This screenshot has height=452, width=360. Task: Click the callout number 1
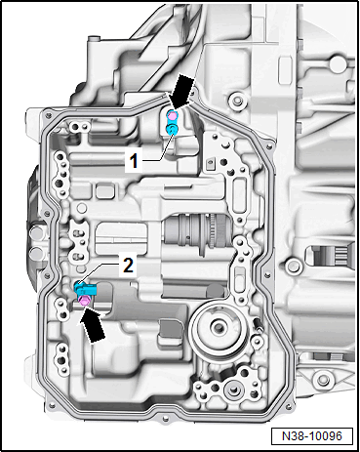[134, 161]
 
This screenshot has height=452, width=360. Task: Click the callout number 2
[128, 266]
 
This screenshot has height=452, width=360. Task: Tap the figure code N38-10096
[312, 436]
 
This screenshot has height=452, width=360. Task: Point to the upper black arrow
[182, 91]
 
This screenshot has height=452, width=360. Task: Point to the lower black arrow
[93, 325]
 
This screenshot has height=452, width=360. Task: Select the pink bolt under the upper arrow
[172, 115]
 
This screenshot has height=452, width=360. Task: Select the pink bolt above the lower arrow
[84, 301]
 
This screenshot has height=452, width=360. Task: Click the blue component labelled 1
[172, 129]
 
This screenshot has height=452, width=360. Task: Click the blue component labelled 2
[85, 289]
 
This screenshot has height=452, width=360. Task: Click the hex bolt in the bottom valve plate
[233, 390]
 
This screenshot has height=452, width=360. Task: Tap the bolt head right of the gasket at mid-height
[292, 267]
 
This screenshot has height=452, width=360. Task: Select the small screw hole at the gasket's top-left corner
[49, 114]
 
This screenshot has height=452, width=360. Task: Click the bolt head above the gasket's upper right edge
[236, 101]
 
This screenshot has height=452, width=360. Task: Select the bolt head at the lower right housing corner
[320, 379]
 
